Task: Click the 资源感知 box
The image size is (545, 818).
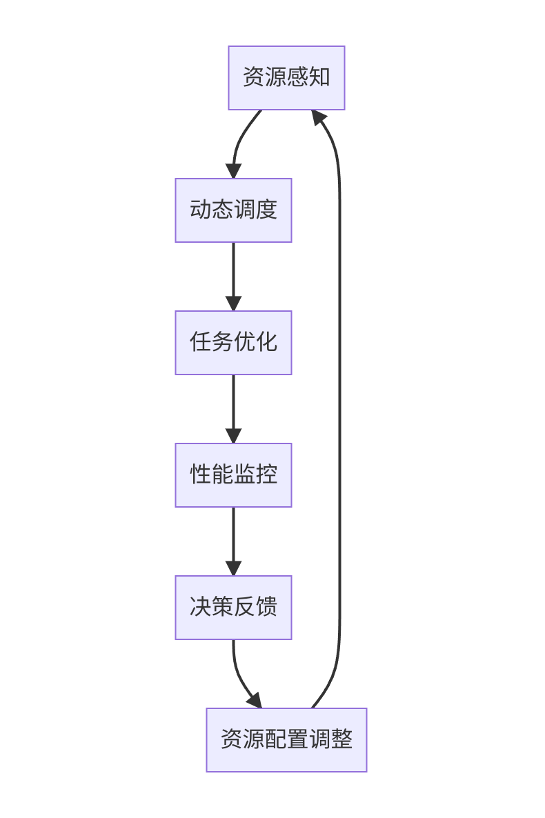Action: (x=286, y=77)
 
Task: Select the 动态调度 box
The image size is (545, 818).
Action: (x=233, y=210)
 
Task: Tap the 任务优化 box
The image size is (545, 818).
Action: (x=233, y=342)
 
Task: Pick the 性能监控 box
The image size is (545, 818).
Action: (x=233, y=475)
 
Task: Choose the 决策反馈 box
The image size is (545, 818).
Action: (x=233, y=607)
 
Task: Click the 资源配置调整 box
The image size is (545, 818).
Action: (x=286, y=739)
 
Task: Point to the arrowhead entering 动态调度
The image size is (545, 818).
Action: (x=233, y=170)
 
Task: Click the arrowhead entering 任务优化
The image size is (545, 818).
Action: (x=233, y=303)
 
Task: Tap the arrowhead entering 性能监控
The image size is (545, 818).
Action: (x=233, y=435)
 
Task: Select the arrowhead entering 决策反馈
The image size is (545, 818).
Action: (x=233, y=568)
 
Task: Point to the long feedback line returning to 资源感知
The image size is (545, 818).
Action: (x=339, y=414)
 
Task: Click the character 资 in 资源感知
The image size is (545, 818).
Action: (x=253, y=77)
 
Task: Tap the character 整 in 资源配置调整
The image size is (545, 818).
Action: (x=342, y=739)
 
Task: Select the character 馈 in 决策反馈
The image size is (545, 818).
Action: (x=266, y=607)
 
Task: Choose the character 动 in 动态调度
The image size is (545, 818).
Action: (x=200, y=210)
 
